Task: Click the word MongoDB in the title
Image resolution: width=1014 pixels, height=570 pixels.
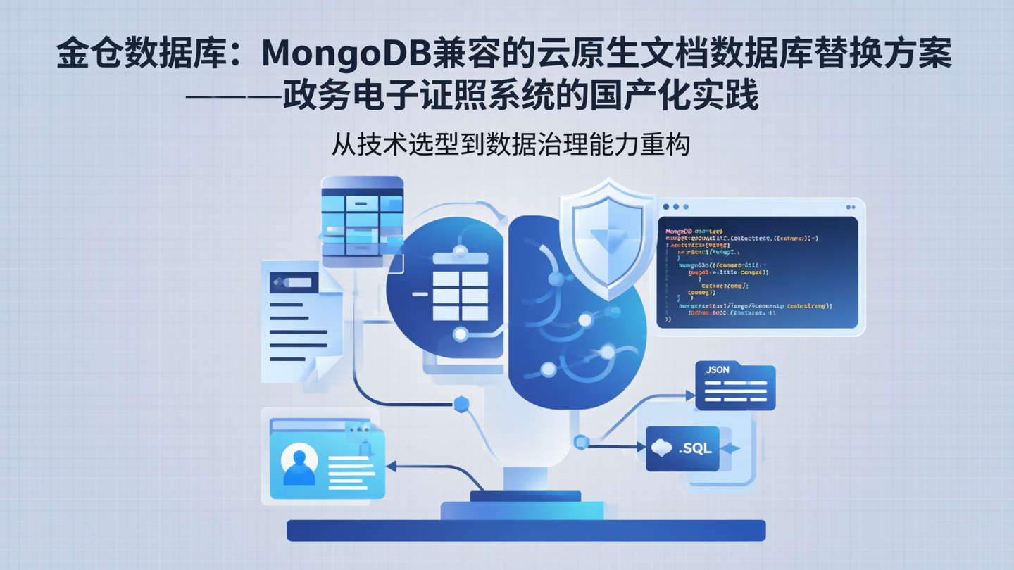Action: tap(348, 53)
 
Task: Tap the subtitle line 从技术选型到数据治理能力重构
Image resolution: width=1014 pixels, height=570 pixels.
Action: tap(511, 144)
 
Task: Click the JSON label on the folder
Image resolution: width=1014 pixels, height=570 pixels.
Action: tap(718, 370)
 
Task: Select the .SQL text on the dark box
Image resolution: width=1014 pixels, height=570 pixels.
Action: tap(695, 448)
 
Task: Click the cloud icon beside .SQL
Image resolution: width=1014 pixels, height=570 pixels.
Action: tap(662, 448)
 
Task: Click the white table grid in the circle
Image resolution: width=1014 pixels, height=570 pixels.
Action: tap(461, 296)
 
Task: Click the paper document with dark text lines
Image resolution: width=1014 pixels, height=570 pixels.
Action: tap(299, 322)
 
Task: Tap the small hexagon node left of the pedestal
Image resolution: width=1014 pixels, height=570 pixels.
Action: tap(461, 404)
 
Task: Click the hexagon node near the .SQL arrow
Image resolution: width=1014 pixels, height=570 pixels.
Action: tap(581, 442)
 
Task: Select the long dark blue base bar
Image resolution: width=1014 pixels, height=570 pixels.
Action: tap(526, 531)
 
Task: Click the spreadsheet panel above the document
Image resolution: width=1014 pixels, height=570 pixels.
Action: tap(363, 218)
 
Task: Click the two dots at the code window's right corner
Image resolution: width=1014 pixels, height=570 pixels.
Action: tap(850, 207)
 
